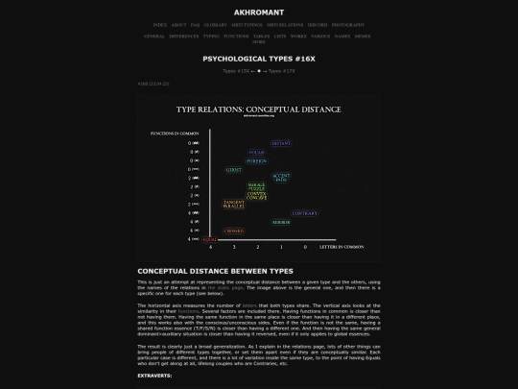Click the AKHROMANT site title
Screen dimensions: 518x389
click(x=259, y=12)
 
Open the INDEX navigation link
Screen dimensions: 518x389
click(x=160, y=25)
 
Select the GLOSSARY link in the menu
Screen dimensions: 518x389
click(x=216, y=25)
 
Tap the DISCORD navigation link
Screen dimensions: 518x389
click(x=318, y=25)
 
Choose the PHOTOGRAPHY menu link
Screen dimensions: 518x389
click(x=348, y=25)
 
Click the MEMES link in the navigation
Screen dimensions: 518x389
click(x=363, y=36)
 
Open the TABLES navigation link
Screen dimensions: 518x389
click(x=261, y=36)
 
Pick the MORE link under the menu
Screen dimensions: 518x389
click(x=259, y=42)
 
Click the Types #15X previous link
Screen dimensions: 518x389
click(x=236, y=70)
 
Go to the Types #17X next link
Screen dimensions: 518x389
click(x=282, y=70)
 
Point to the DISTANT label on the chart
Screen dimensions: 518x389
click(x=280, y=143)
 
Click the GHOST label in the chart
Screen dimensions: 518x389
click(x=233, y=170)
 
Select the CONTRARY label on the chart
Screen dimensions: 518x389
click(x=304, y=213)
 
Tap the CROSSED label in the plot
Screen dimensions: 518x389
click(x=234, y=231)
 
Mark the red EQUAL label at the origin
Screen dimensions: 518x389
click(x=210, y=239)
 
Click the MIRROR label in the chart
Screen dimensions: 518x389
click(x=280, y=222)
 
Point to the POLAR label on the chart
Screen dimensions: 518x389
click(x=256, y=152)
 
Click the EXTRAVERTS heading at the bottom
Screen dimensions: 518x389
click(x=154, y=376)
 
